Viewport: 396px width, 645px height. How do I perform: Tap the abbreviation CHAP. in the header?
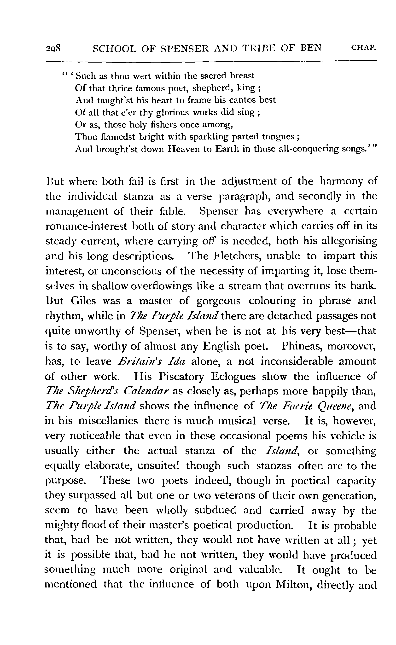[364, 48]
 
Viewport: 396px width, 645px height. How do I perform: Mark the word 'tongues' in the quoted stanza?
[278, 137]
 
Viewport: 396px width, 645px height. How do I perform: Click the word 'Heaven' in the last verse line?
[184, 149]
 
